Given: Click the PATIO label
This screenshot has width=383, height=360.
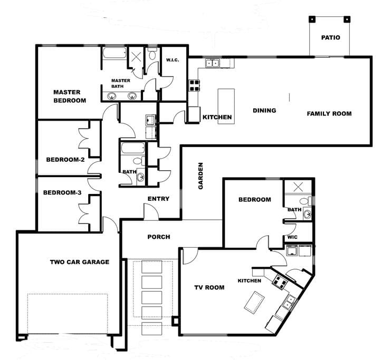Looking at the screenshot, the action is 330,37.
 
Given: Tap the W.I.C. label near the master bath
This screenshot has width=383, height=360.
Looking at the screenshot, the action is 173,60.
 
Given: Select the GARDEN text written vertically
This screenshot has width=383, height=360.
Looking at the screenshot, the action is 200,176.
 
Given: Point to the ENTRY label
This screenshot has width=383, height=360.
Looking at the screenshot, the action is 158,199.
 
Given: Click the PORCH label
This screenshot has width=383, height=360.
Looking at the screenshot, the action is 159,237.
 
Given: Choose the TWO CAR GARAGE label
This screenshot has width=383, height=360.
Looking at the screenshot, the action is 80,262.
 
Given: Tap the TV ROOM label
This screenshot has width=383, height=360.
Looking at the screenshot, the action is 209,287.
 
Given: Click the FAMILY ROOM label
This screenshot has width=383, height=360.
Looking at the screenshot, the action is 329,114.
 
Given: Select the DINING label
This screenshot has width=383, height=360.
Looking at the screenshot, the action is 264,111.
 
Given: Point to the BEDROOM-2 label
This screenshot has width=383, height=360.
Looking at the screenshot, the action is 65,160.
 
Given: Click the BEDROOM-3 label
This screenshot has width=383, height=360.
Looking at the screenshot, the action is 62,192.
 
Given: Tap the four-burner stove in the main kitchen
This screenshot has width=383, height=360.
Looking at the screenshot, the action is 195,86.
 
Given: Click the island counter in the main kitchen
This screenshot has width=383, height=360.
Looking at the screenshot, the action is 226,106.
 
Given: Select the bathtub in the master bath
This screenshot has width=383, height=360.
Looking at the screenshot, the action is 114,53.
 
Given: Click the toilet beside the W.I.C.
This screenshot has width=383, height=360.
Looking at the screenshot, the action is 152,54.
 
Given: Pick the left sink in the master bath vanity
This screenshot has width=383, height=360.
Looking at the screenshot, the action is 112,96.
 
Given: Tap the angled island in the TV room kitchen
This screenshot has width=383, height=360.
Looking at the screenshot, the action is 254,302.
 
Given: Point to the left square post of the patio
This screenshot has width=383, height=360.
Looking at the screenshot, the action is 312,20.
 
